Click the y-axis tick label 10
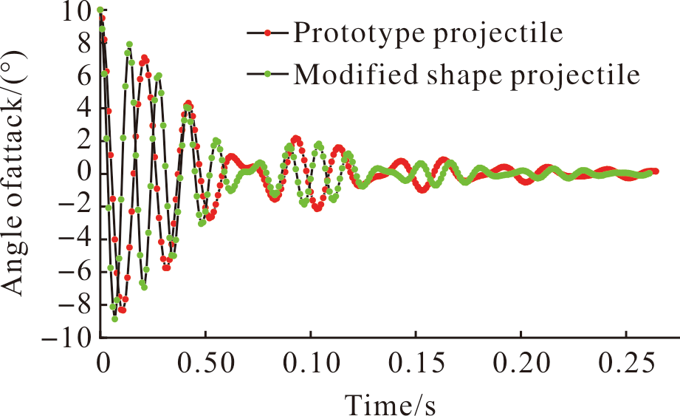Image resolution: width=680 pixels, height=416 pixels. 76,11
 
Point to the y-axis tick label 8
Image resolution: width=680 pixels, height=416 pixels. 85,44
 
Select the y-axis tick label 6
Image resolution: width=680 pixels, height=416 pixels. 85,76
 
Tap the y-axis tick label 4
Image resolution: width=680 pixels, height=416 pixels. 85,109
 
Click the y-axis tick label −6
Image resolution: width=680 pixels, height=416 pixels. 75,272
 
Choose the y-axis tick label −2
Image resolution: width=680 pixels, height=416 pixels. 75,206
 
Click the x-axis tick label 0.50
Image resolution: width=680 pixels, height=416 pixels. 206,363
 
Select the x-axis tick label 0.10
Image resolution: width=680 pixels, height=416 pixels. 311,363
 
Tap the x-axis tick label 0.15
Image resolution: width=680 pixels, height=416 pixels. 416,363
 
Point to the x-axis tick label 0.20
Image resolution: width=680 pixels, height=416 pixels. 521,363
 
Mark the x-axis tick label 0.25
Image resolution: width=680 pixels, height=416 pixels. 626,363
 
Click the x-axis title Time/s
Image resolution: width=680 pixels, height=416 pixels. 391,404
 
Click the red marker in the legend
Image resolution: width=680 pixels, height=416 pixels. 267,33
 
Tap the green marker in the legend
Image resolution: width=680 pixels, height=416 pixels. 267,74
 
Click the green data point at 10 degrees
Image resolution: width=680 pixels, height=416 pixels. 100,10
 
